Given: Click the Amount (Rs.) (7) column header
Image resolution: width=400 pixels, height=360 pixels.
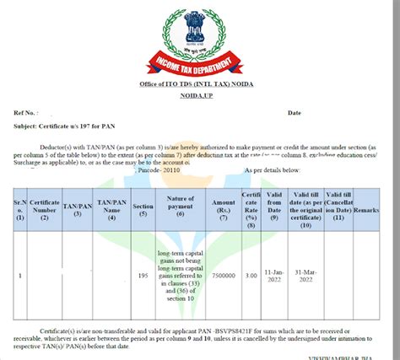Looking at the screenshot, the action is click(224, 208).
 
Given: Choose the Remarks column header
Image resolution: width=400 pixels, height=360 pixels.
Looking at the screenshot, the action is click(366, 208).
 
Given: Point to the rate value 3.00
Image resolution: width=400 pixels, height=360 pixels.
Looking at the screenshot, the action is click(251, 274).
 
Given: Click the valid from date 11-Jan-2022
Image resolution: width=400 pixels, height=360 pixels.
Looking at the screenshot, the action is click(273, 274).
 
